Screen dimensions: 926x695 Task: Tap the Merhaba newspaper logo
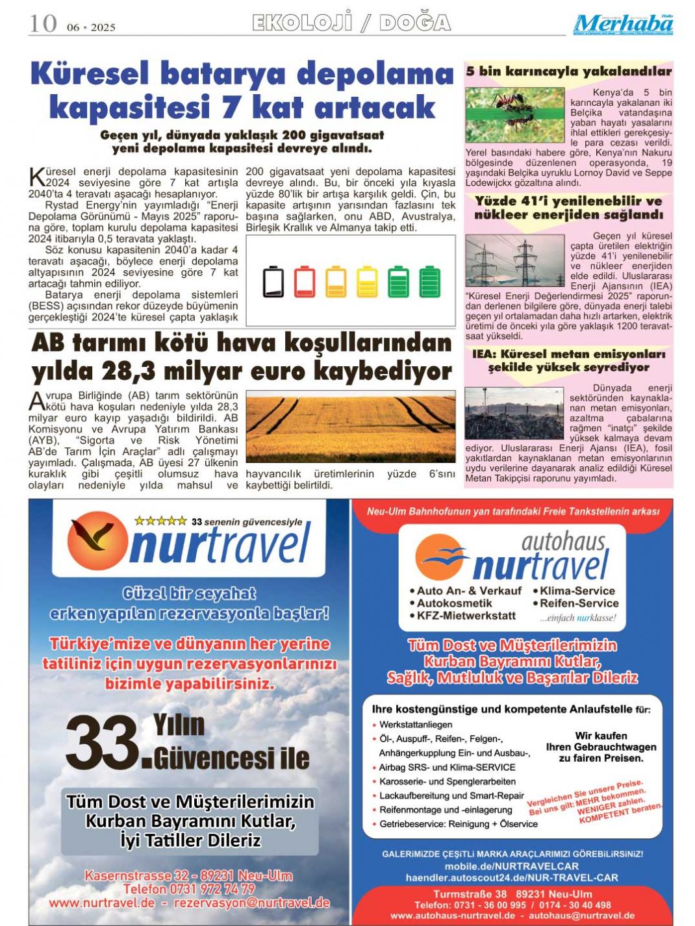(x=623, y=24)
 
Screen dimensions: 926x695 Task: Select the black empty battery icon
(x=273, y=281)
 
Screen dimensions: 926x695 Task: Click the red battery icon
(x=305, y=281)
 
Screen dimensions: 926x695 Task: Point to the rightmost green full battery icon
(x=429, y=281)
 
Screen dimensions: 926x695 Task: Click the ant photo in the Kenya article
(x=514, y=115)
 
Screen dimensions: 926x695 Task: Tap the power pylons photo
(x=514, y=261)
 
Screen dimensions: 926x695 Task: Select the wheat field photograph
(x=351, y=427)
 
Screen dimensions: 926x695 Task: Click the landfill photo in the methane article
(x=514, y=413)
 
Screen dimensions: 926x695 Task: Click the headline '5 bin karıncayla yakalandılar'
(x=568, y=71)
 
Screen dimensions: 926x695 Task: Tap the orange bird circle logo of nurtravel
(x=97, y=541)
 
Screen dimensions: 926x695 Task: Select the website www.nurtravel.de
(x=102, y=903)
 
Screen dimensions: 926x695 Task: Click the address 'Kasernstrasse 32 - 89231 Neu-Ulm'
(x=188, y=875)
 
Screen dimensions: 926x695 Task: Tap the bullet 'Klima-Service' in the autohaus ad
(x=576, y=590)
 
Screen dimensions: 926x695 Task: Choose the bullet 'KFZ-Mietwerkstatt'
(x=466, y=615)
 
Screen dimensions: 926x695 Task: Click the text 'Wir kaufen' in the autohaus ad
(x=601, y=736)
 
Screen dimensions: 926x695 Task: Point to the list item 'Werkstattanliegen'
(x=416, y=724)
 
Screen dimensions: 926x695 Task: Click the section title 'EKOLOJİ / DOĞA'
(x=351, y=23)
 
